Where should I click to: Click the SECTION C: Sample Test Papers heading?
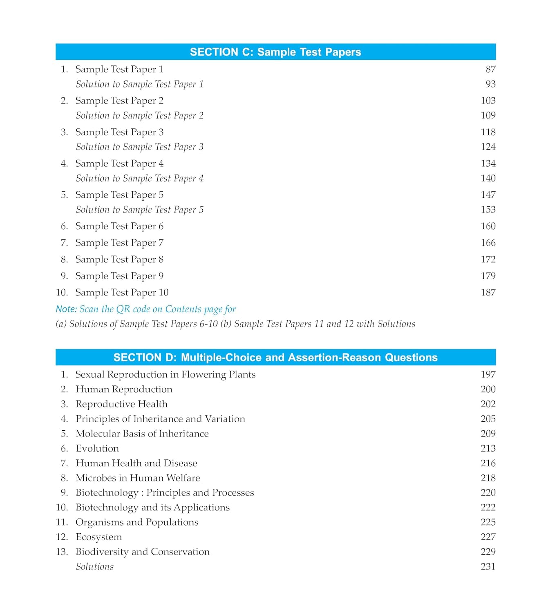(275, 52)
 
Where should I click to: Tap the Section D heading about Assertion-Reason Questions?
(275, 358)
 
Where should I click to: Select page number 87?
(490, 69)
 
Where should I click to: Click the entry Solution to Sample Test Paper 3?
(139, 147)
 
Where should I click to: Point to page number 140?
(488, 178)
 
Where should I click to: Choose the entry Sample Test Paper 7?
(119, 243)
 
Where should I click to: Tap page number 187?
(488, 293)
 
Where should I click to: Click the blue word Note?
(66, 309)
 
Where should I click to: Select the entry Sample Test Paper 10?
(122, 293)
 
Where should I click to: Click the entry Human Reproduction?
(124, 389)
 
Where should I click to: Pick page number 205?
(488, 419)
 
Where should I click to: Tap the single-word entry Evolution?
(97, 448)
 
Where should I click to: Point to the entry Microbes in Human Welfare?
(138, 478)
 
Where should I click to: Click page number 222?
(488, 508)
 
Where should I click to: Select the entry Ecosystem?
(99, 537)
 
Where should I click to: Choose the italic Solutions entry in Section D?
(95, 567)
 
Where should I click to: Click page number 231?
(488, 567)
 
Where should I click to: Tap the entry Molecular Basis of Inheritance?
(142, 434)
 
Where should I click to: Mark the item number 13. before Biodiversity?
(62, 552)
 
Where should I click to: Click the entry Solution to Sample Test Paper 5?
(139, 210)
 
